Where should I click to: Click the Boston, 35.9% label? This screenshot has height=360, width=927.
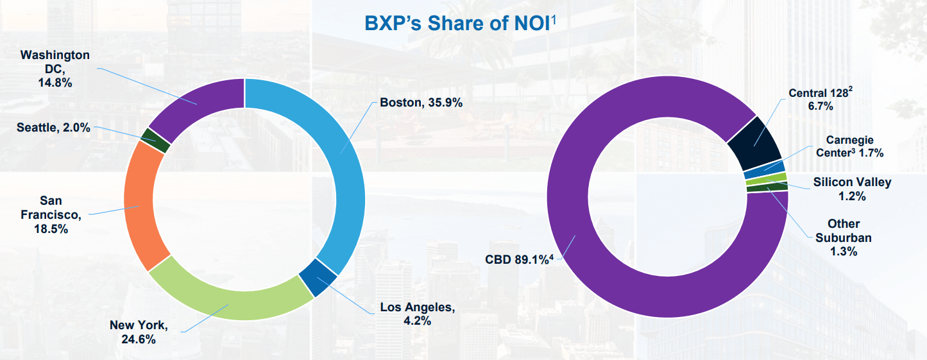421,102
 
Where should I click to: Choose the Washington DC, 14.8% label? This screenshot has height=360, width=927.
55,69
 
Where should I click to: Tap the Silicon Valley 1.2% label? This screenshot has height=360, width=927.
852,188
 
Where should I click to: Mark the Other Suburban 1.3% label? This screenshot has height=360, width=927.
844,237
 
